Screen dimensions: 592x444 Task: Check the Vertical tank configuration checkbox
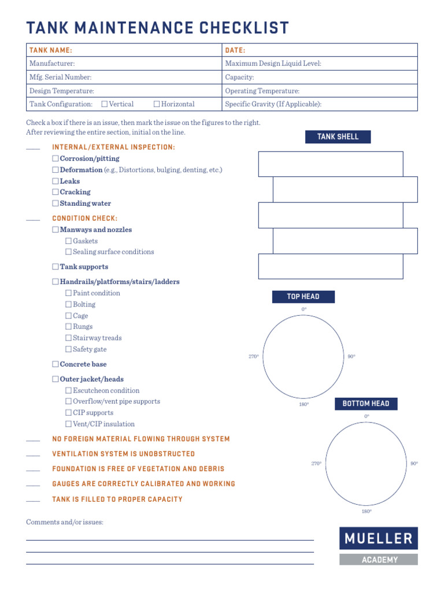105,105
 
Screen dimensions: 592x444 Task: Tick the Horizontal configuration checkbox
157,105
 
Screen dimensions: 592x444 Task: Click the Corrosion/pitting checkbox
55,158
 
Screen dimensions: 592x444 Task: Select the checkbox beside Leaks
55,181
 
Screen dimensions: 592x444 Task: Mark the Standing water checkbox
55,203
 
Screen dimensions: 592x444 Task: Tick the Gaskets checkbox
68,241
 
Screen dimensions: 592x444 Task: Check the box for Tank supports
55,267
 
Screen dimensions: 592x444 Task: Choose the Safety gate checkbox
68,350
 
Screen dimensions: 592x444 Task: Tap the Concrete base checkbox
55,364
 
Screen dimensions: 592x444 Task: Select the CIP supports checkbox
68,413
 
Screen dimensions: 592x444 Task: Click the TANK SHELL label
338,137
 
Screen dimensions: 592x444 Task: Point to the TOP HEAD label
303,297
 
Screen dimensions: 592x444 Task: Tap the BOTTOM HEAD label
366,404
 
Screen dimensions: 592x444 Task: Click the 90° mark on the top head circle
351,357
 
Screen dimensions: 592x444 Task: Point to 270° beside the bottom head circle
316,464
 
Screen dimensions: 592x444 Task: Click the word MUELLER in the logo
379,539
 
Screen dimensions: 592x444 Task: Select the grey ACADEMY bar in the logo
379,560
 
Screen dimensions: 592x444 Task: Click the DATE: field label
235,50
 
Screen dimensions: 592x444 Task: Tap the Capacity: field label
239,77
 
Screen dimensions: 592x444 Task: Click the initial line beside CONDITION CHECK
33,220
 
